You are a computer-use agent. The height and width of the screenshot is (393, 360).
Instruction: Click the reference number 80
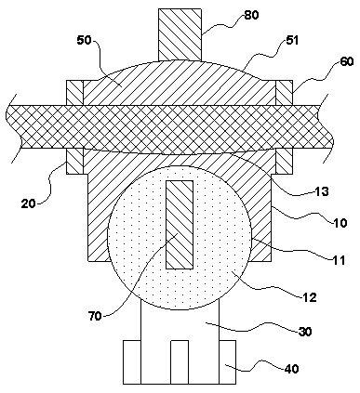(251, 15)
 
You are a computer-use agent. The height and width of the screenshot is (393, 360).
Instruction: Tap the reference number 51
(291, 40)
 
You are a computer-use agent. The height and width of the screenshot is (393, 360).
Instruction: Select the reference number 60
(346, 61)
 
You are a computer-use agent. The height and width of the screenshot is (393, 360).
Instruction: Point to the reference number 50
(84, 41)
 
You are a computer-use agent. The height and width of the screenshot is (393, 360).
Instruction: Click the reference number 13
(322, 191)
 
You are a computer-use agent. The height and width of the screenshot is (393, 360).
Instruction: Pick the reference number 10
(340, 223)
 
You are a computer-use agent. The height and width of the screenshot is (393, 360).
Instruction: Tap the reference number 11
(339, 260)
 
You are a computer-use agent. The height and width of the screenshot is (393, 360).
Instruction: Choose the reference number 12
(310, 297)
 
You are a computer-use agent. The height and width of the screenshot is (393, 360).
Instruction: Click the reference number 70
(95, 316)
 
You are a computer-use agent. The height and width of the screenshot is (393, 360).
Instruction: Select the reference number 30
(305, 332)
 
